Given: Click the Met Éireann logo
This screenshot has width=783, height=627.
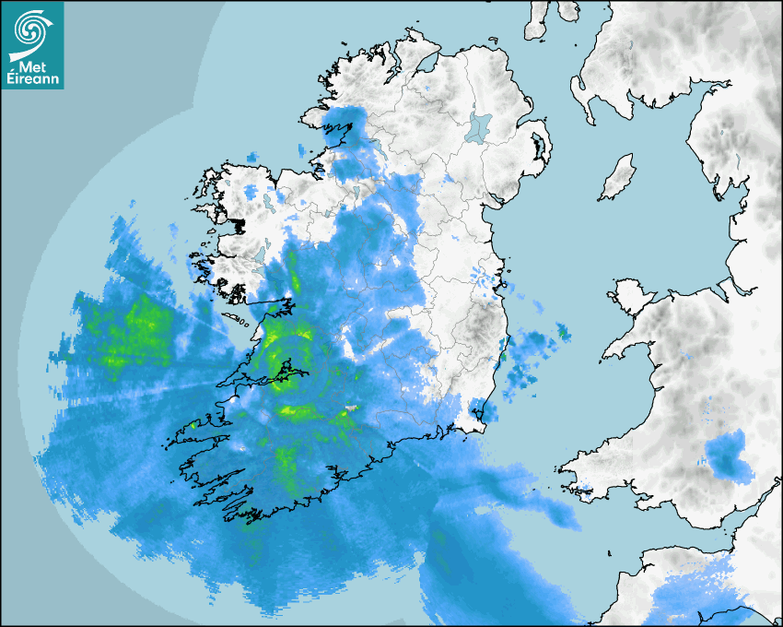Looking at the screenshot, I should (32, 45).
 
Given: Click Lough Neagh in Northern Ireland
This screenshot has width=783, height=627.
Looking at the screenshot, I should (478, 125).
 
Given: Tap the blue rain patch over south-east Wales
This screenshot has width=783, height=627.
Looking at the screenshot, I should (729, 455).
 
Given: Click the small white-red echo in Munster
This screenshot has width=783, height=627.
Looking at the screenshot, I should (350, 408).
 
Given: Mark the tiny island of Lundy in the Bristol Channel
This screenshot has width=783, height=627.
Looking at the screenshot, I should (611, 552).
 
